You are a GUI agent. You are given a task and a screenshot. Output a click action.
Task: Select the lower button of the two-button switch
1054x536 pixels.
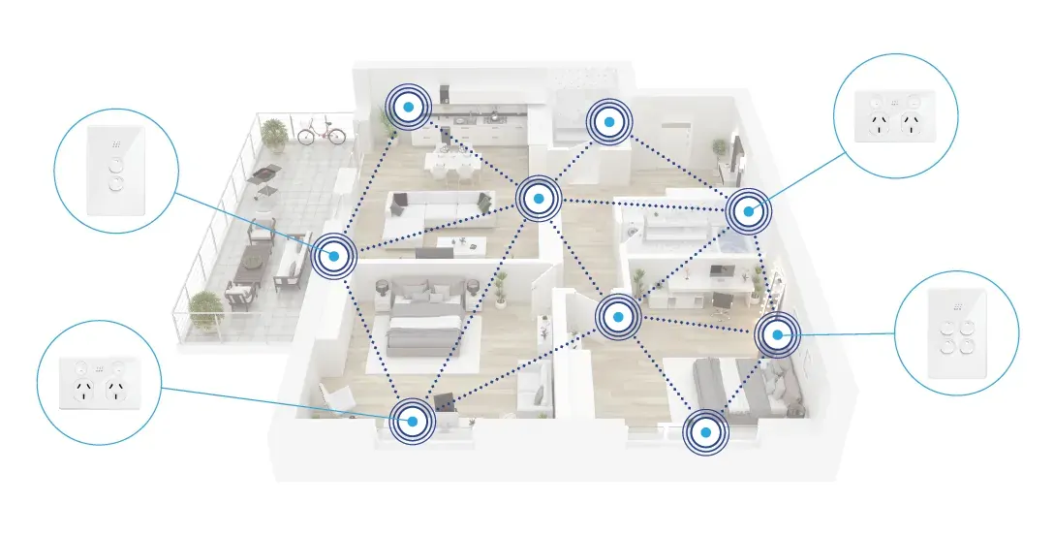pyautogui.click(x=117, y=181)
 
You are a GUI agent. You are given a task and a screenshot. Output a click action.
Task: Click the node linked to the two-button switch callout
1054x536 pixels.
pyautogui.click(x=333, y=255)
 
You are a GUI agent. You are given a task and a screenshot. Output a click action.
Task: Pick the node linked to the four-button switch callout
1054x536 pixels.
pyautogui.click(x=777, y=335)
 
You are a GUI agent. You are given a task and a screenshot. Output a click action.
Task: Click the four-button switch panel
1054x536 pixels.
pyautogui.click(x=956, y=332)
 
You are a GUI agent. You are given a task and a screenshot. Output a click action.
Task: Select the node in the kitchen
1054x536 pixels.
pyautogui.click(x=410, y=106)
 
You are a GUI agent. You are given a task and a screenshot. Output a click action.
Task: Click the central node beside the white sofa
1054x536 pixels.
pyautogui.click(x=537, y=199)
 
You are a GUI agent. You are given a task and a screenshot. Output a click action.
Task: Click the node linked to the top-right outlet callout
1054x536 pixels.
pyautogui.click(x=747, y=210)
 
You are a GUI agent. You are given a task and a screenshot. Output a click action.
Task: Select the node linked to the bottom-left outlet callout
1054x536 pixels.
pyautogui.click(x=412, y=420)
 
